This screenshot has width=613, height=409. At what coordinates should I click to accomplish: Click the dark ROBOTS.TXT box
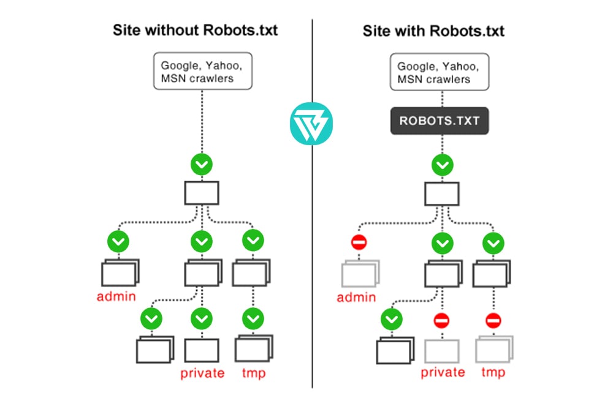(x=440, y=121)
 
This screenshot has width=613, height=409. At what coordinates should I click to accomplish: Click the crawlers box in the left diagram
(x=202, y=72)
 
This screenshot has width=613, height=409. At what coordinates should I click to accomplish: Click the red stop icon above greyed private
(x=441, y=320)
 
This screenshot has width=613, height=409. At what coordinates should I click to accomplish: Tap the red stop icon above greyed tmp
(x=493, y=320)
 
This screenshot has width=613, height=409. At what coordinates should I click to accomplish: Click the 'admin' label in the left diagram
(x=117, y=297)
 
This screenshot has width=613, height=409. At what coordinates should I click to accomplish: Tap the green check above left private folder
(x=201, y=318)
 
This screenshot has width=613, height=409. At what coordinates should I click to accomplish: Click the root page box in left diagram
(x=202, y=192)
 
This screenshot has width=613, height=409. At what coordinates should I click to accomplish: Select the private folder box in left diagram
(x=201, y=350)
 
